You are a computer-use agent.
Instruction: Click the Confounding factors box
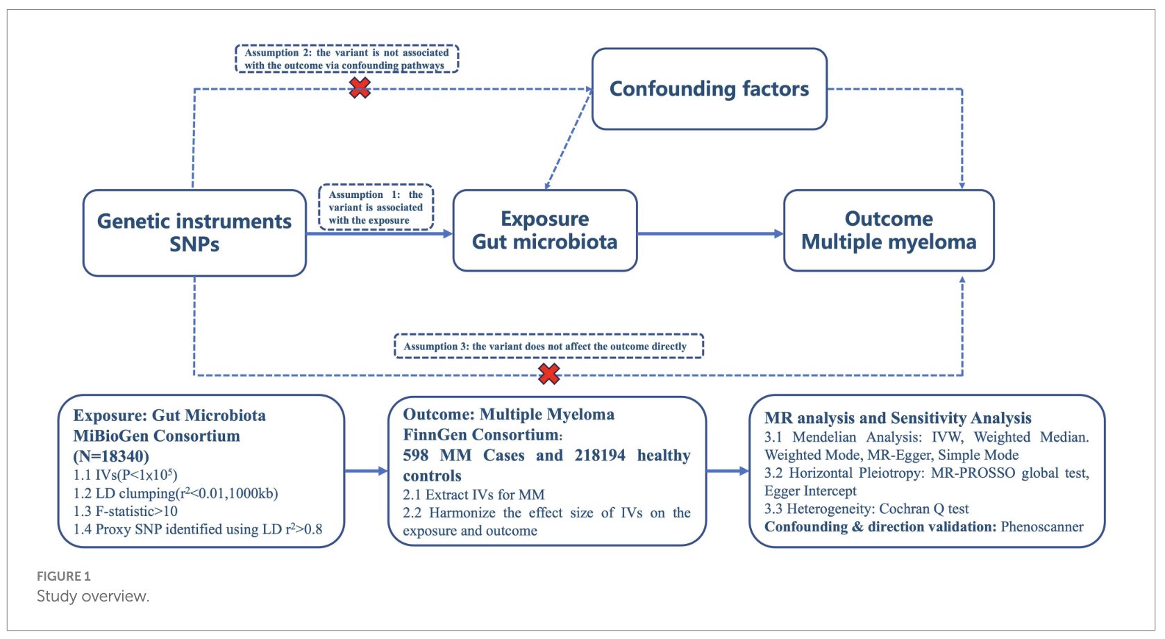[x=710, y=89]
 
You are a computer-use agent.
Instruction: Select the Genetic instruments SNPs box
[x=194, y=233]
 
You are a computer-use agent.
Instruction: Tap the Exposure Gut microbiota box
[x=545, y=231]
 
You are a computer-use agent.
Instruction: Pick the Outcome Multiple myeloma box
[x=889, y=231]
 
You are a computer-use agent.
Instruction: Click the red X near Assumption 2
[x=360, y=88]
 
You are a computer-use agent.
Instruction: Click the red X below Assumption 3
[x=549, y=374]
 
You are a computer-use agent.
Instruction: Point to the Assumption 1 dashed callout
[x=376, y=207]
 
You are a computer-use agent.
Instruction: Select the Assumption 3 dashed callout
[x=548, y=346]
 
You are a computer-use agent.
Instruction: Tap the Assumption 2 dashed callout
[x=347, y=59]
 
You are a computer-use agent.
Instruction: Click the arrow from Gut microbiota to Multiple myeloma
[x=710, y=233]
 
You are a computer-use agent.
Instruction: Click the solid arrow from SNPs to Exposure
[x=380, y=233]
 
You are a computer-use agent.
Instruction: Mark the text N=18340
[x=111, y=456]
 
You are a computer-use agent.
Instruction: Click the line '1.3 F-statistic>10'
[x=126, y=511]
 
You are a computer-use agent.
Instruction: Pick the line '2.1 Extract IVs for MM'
[x=473, y=495]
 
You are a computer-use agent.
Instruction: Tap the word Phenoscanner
[x=1042, y=526]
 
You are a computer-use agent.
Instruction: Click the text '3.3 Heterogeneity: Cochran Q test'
[x=866, y=508]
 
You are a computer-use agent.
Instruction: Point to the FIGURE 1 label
[x=63, y=576]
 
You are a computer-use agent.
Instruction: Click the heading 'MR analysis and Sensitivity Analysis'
[x=898, y=418]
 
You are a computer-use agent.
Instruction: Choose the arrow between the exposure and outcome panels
[x=366, y=471]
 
